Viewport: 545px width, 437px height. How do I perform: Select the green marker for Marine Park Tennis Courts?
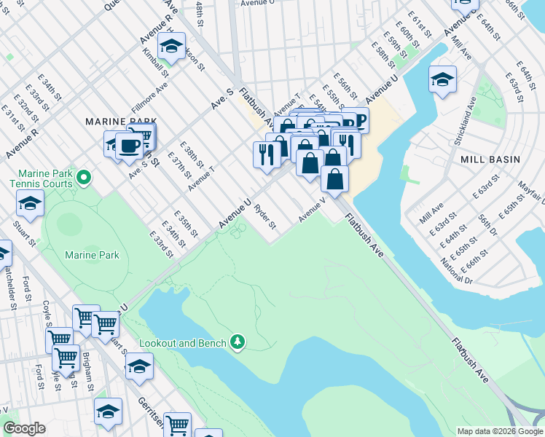pyautogui.click(x=84, y=176)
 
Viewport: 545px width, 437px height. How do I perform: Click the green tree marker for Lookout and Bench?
pyautogui.click(x=237, y=341)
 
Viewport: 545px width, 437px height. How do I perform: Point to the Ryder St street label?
pyautogui.click(x=264, y=216)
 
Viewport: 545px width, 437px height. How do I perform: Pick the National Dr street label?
pyautogui.click(x=457, y=269)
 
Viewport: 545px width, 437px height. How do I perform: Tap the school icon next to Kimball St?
pyautogui.click(x=171, y=47)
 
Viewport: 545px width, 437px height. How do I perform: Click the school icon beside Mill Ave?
pyautogui.click(x=442, y=79)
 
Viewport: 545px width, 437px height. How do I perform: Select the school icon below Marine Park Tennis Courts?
pyautogui.click(x=30, y=205)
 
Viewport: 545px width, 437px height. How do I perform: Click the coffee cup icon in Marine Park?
pyautogui.click(x=129, y=145)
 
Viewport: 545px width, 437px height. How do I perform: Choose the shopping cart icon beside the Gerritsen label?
pyautogui.click(x=177, y=425)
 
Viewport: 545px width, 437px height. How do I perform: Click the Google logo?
pyautogui.click(x=24, y=428)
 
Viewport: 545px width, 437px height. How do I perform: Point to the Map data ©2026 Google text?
pyautogui.click(x=500, y=431)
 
